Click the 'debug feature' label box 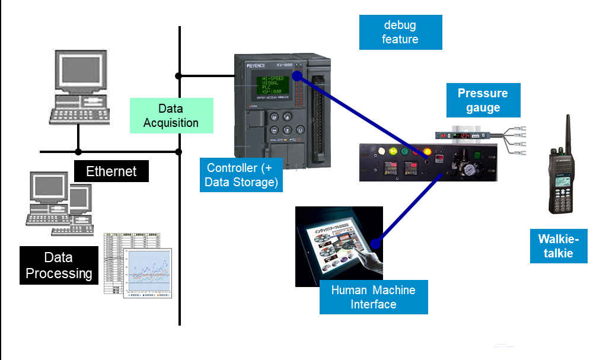pyautogui.click(x=400, y=33)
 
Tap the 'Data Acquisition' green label pyautogui.click(x=171, y=116)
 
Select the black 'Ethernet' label pyautogui.click(x=111, y=171)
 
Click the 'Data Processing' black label pyautogui.click(x=58, y=265)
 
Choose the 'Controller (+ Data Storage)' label pyautogui.click(x=241, y=175)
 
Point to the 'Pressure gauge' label pyautogui.click(x=483, y=100)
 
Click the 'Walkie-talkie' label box pyautogui.click(x=558, y=246)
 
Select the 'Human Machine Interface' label pyautogui.click(x=373, y=297)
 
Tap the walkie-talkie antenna pyautogui.click(x=567, y=133)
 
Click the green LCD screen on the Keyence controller pyautogui.click(x=273, y=88)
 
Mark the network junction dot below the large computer pyautogui.click(x=78, y=152)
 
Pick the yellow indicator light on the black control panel pyautogui.click(x=427, y=151)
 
